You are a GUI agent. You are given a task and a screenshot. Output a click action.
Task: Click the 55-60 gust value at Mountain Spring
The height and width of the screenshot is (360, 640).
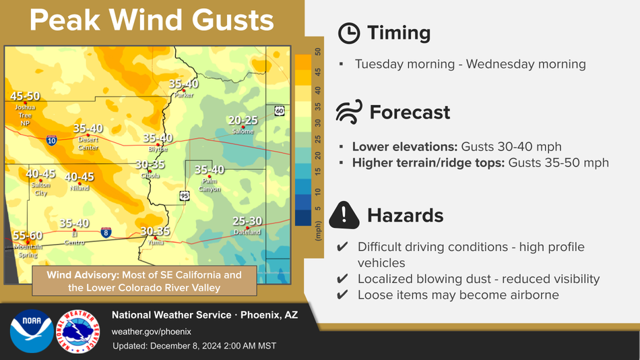coord(28,236)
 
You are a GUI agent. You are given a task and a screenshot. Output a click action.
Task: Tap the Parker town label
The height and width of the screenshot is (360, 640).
coord(184,95)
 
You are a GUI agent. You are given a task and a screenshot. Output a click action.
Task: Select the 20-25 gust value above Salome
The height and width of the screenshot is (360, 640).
coord(243,121)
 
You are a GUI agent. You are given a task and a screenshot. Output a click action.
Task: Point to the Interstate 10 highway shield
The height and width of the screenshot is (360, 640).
coord(51,141)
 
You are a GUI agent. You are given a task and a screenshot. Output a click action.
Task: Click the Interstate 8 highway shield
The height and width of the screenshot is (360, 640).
coord(106,233)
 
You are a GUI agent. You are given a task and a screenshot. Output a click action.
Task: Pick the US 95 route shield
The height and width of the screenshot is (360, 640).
coord(185,196)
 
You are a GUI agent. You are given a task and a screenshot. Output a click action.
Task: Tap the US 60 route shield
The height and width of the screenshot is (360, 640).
coord(279,111)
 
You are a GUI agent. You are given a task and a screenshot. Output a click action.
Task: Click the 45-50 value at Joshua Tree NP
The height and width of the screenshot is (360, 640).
coord(25,96)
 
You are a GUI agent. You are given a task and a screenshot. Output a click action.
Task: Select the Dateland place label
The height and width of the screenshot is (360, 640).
coord(247,232)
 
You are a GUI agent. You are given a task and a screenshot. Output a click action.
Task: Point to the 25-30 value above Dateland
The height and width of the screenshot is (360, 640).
coord(247,221)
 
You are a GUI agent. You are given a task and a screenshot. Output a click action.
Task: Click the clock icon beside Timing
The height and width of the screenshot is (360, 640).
coord(349,34)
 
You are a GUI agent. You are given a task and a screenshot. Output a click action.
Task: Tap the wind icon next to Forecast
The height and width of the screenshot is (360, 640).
coord(349,112)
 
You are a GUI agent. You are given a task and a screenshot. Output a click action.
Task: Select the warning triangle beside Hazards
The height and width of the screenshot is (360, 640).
coord(344,215)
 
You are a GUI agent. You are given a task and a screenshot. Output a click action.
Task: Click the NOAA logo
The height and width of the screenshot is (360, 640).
coord(32,331)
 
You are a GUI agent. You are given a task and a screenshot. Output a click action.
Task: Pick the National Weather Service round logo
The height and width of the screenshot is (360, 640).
coord(78,331)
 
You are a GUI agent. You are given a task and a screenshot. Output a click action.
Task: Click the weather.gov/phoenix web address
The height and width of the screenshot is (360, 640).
coord(152,332)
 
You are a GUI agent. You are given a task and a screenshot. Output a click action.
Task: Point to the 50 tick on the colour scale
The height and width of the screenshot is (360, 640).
coord(318,51)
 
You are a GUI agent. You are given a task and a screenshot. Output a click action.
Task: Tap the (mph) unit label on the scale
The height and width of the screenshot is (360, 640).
coord(318,231)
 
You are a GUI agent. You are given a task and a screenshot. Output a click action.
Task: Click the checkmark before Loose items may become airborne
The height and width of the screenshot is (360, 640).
coord(342,295)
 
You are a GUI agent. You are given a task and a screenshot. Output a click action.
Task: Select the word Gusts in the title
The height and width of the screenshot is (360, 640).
coord(232,20)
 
